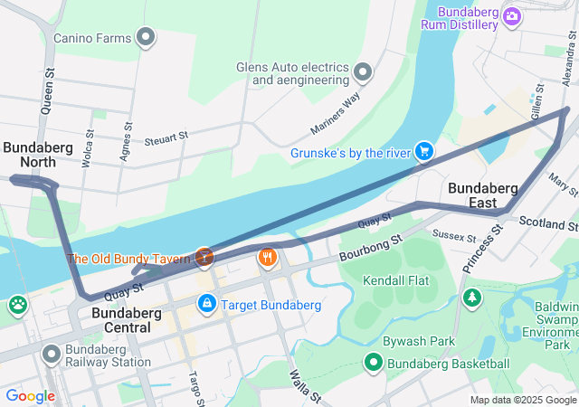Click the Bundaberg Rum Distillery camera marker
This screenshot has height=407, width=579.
(513, 16)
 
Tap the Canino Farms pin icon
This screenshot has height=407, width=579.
(146, 37)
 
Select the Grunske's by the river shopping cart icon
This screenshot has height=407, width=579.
(422, 151)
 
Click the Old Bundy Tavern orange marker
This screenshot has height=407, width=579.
(205, 258)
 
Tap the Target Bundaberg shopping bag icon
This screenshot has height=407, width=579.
(207, 304)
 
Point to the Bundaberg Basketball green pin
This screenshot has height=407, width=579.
(374, 364)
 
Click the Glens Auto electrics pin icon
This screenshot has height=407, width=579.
(364, 71)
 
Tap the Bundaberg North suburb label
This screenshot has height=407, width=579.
(30, 154)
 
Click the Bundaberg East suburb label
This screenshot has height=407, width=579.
(483, 195)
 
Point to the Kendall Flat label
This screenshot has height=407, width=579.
(395, 280)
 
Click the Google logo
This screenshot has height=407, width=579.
(30, 395)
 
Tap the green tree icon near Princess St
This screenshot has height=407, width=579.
(471, 297)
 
